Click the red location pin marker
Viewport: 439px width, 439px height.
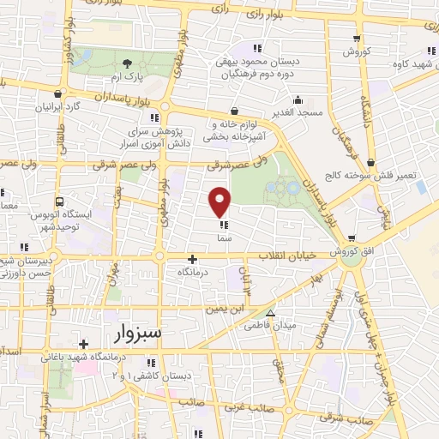click(x=220, y=202)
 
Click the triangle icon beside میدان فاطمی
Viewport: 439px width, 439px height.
click(x=272, y=313)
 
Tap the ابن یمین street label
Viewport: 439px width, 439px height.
click(x=228, y=306)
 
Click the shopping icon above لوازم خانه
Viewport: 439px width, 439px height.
click(x=235, y=110)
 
